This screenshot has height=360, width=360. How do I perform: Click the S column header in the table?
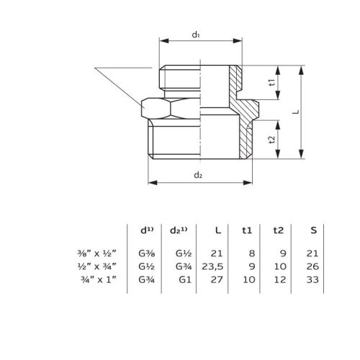point(312,230)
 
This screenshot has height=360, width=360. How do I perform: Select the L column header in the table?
point(218,230)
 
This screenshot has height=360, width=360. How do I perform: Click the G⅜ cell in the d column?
point(148,253)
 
